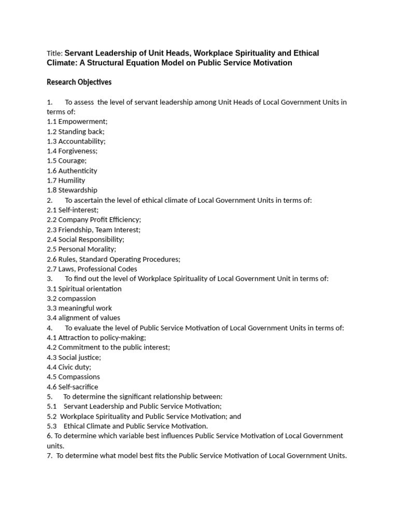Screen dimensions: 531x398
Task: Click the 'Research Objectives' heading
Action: click(x=79, y=82)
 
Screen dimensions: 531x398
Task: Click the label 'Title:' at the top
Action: click(x=54, y=53)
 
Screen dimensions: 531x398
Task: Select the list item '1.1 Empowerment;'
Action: click(x=77, y=121)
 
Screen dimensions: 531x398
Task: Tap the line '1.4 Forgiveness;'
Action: click(x=72, y=151)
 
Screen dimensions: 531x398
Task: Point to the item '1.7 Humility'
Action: click(x=66, y=180)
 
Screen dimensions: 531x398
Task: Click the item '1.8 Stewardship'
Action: click(x=72, y=190)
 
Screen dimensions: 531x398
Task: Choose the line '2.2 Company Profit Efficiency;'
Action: click(x=94, y=220)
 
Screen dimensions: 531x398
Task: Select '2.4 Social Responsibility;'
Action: click(x=86, y=240)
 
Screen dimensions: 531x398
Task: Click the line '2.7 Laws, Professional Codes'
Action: click(x=92, y=269)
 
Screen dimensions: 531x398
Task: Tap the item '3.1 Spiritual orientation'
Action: click(x=84, y=289)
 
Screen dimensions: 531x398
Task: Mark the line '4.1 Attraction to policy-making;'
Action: click(x=96, y=338)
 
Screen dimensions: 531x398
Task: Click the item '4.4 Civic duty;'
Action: click(x=69, y=367)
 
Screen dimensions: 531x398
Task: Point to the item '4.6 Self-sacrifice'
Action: click(x=72, y=387)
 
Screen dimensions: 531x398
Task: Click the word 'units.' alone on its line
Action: click(x=55, y=446)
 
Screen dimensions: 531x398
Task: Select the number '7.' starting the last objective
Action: click(x=50, y=456)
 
